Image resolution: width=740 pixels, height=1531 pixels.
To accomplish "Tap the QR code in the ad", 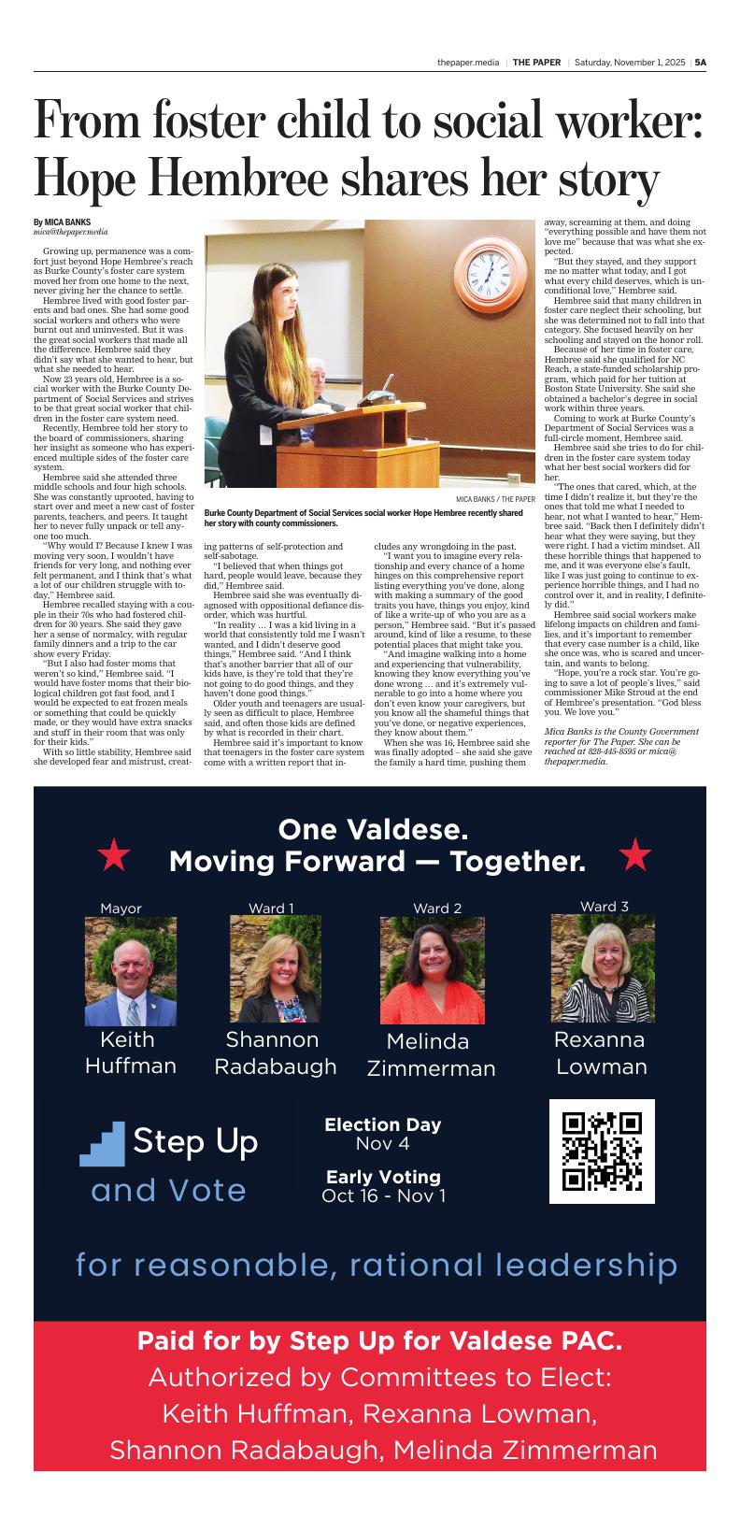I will tap(602, 1151).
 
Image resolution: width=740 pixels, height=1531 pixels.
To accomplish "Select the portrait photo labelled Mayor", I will tap(131, 971).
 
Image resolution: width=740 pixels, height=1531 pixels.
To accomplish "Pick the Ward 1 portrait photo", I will tap(276, 969).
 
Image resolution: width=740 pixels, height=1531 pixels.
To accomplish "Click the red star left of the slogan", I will tap(113, 854).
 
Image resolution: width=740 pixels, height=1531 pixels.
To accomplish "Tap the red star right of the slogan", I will tap(635, 854).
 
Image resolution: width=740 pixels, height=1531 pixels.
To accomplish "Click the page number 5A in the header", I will tap(700, 63).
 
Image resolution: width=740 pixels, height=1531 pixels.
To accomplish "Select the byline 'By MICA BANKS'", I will tap(62, 222).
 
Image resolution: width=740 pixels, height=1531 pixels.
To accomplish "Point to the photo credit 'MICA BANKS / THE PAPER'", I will tap(495, 499).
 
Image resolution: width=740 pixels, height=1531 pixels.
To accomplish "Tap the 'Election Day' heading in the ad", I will tap(383, 1124).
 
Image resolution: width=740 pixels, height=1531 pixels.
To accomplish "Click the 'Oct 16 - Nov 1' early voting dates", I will tap(383, 1195).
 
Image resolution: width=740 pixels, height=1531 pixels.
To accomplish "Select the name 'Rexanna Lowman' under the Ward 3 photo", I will tap(601, 1052).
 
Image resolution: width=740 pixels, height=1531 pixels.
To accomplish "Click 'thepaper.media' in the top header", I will tap(467, 63).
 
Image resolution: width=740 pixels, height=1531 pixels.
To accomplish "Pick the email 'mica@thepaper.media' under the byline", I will tap(71, 232).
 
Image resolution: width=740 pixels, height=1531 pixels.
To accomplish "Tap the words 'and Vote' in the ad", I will tap(169, 1190).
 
